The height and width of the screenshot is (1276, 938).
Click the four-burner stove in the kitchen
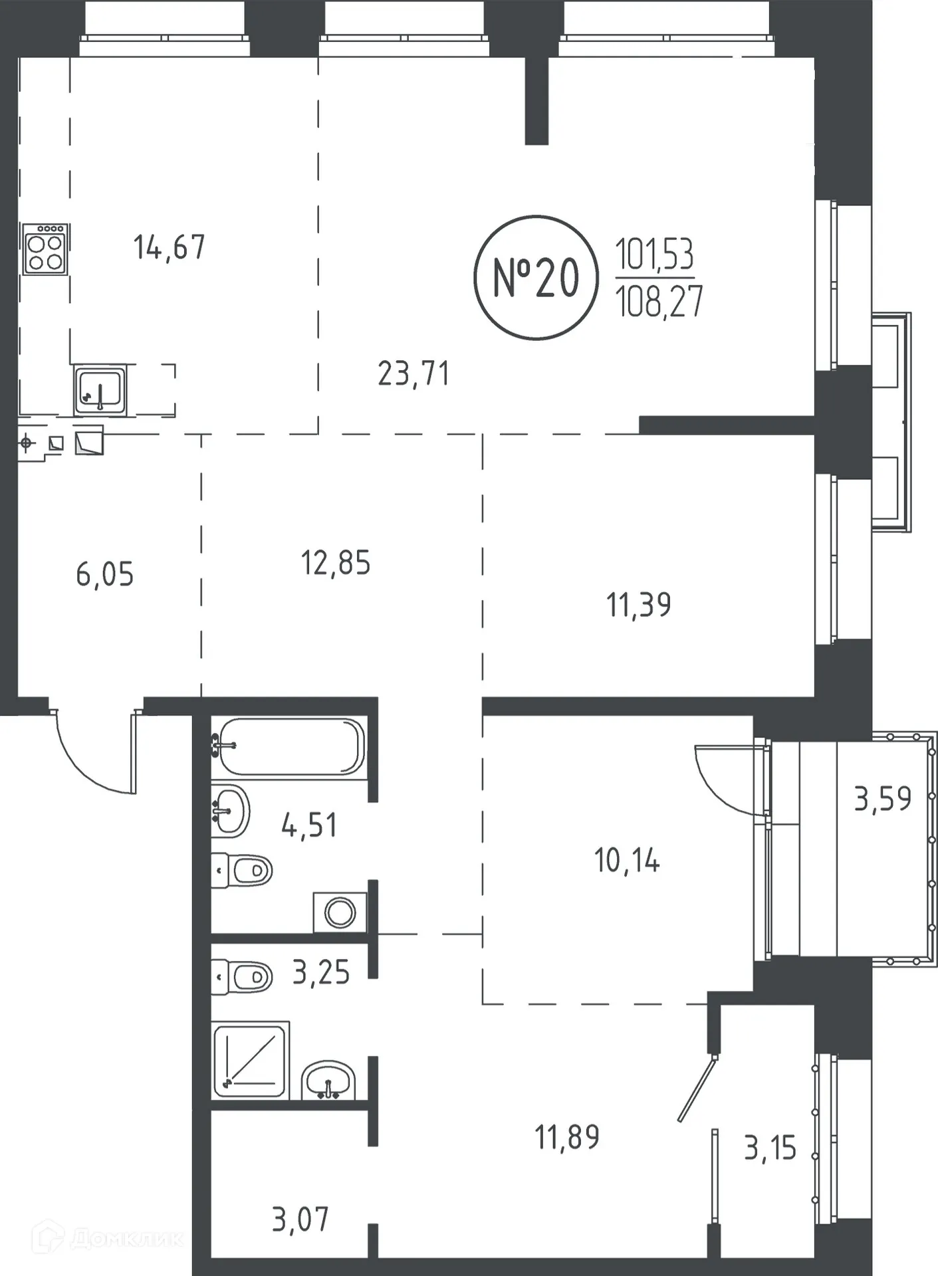[x=45, y=249]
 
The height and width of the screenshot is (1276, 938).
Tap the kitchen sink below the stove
[x=100, y=390]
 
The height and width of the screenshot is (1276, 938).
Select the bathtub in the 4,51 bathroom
[x=289, y=746]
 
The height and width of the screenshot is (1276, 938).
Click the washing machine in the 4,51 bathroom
[x=340, y=912]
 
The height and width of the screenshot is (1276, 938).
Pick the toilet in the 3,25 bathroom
[x=242, y=977]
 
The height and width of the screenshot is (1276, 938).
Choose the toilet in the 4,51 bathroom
[x=242, y=870]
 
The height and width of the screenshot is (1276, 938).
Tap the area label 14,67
[x=170, y=247]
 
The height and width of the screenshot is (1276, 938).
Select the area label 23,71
[x=413, y=373]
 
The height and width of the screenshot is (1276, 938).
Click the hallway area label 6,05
[x=105, y=574]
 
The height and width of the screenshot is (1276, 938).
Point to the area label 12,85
[x=336, y=563]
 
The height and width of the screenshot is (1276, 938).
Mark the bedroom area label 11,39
[x=639, y=605]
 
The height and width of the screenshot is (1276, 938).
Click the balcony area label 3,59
[x=883, y=799]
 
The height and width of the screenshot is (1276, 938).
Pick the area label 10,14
[x=627, y=861]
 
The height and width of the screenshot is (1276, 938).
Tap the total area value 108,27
[x=659, y=302]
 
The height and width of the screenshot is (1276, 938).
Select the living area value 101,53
[x=655, y=254]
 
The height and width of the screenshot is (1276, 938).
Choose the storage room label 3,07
[x=300, y=1220]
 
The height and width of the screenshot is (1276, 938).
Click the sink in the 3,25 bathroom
[x=328, y=1079]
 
